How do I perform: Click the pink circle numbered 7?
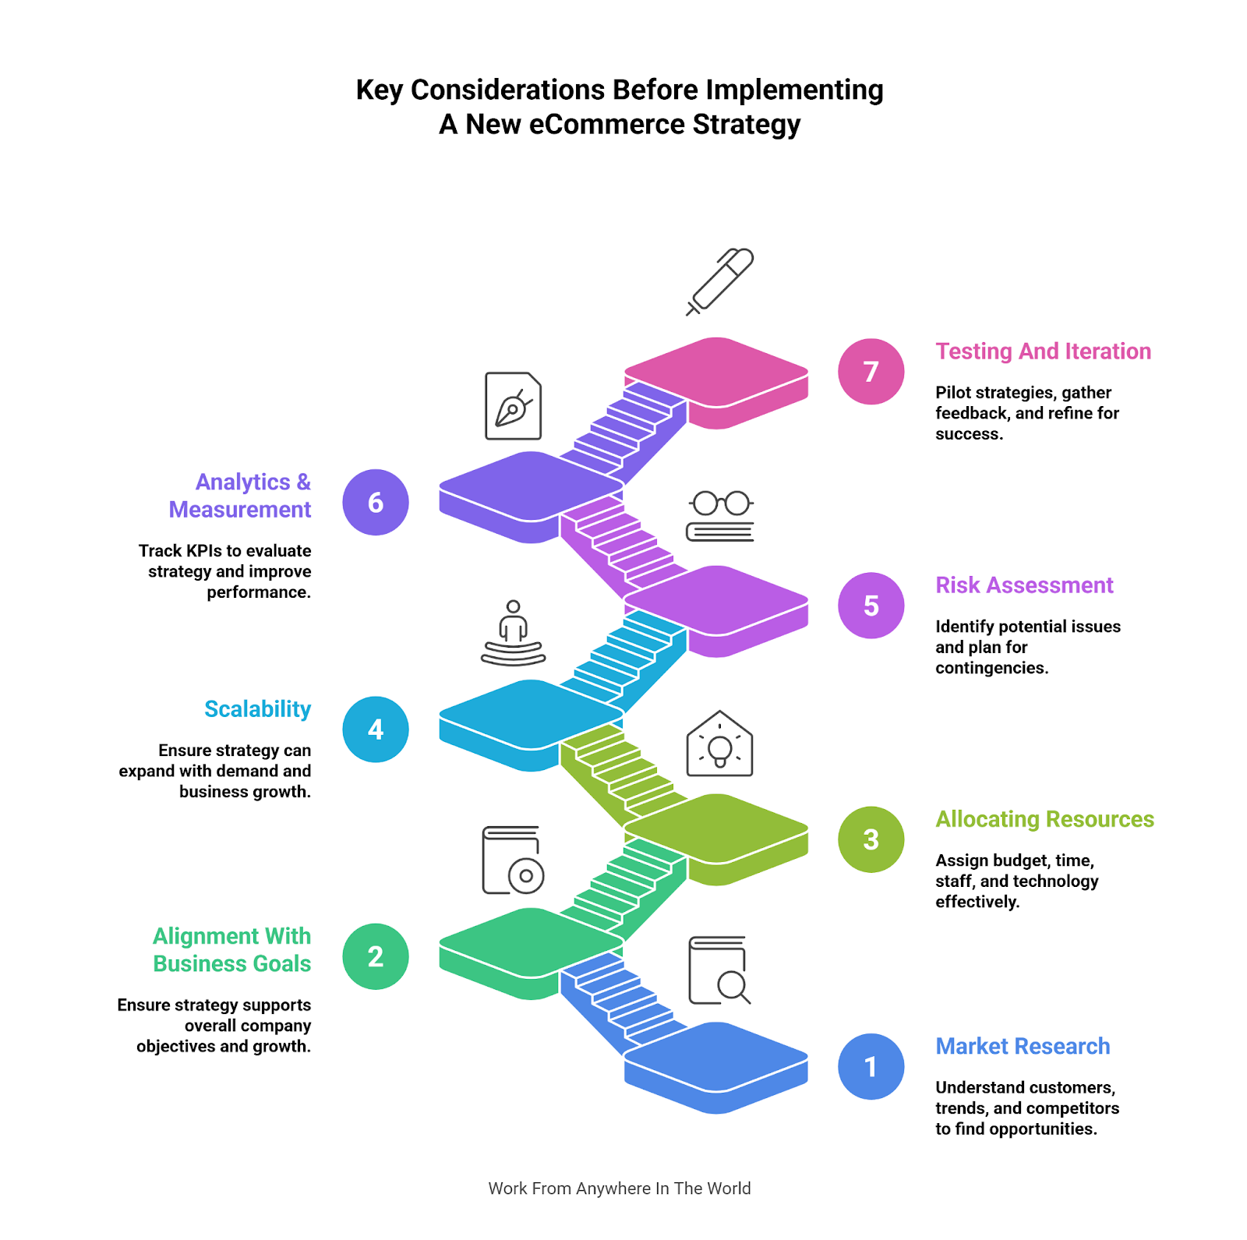871,372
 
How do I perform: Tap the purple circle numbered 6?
376,503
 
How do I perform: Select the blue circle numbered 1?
871,1066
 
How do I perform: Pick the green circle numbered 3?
871,839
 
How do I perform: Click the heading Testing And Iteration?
1043,352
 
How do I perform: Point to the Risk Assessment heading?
1024,585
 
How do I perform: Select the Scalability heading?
257,709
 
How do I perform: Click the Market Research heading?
1023,1046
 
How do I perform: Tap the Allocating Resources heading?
1044,819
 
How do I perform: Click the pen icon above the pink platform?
720,281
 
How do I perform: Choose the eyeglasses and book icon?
720,516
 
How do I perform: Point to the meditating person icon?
513,633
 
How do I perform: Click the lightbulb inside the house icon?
719,746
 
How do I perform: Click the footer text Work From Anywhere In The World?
620,1189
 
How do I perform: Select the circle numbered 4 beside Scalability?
376,730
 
